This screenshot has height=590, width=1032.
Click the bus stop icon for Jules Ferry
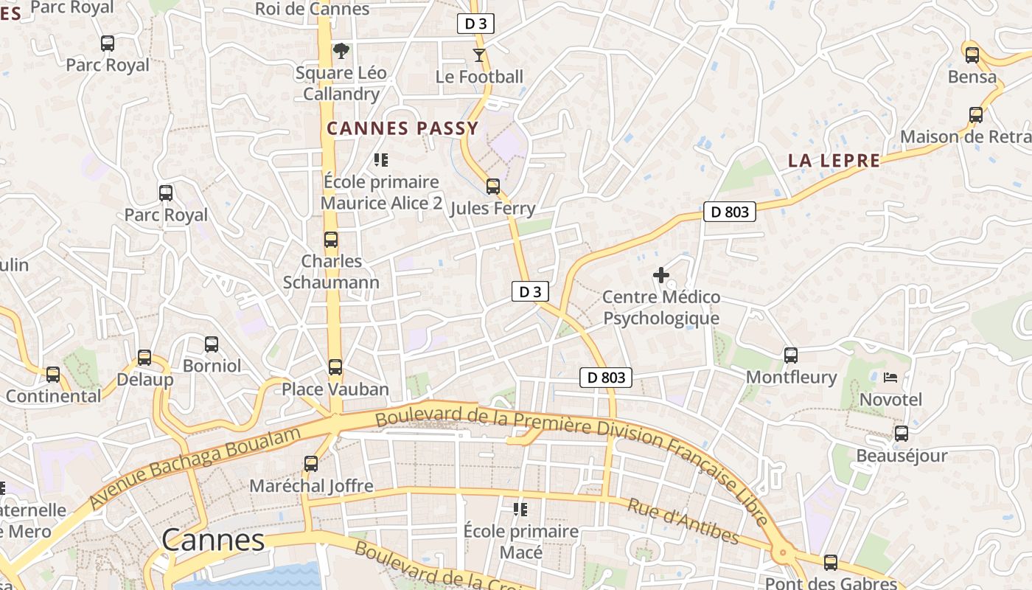tap(493, 187)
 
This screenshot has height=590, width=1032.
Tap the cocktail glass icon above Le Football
tap(479, 55)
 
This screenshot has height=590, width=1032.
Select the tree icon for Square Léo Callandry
tap(341, 51)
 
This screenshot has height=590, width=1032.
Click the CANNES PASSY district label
tap(402, 128)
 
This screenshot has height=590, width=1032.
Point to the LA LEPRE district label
tap(834, 161)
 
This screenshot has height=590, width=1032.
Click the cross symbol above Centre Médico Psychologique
tap(661, 275)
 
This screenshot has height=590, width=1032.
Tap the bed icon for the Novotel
tap(890, 378)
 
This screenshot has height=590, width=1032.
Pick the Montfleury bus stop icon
tap(791, 355)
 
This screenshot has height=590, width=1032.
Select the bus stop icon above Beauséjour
tap(901, 434)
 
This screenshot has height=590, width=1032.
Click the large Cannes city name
tap(212, 540)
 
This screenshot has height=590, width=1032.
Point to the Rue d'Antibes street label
tap(683, 521)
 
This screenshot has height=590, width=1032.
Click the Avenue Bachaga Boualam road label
tap(195, 467)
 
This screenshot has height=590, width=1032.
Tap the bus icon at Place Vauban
tap(335, 367)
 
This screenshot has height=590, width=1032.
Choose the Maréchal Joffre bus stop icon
tap(311, 464)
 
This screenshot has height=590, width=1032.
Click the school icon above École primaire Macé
tap(520, 509)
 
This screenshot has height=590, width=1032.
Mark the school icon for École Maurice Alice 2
tap(381, 159)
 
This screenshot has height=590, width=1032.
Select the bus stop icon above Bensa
tap(972, 55)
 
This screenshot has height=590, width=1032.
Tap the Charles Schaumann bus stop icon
tap(331, 240)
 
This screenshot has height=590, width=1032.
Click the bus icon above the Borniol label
tap(212, 344)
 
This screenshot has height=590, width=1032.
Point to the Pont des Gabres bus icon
tap(831, 563)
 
